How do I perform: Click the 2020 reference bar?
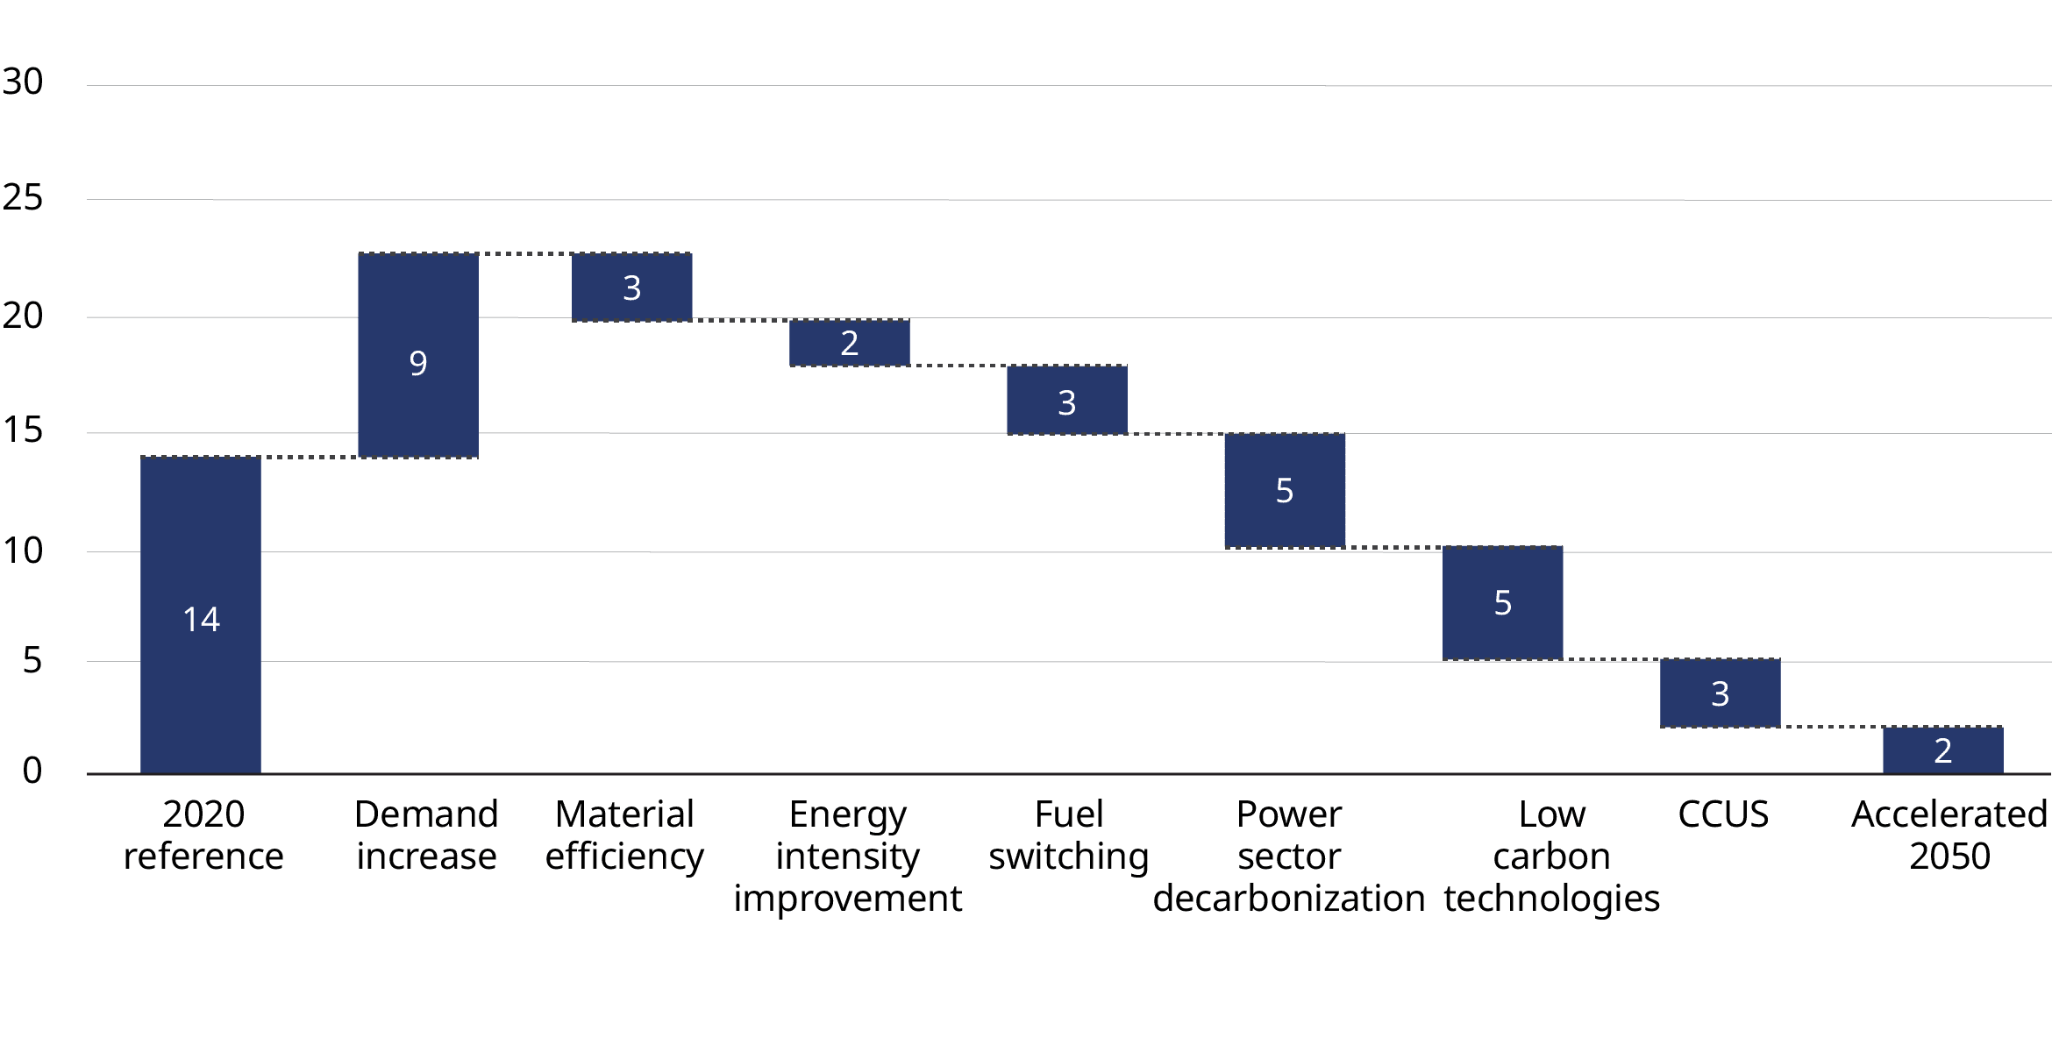pos(201,615)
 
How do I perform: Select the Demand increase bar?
pos(418,355)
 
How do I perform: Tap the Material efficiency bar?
pos(632,287)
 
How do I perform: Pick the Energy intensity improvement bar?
pos(850,342)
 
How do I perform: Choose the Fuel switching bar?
pos(1067,400)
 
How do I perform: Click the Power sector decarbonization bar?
pos(1285,490)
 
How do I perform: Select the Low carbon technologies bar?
pos(1503,603)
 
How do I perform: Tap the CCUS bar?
pos(1721,693)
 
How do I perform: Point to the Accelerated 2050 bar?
pos(1943,750)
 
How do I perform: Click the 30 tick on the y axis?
pos(23,82)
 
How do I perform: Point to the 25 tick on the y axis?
pos(23,197)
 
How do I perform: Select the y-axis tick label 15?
pos(23,430)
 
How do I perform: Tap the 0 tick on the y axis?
pos(32,771)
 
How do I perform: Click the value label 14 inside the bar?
pos(201,619)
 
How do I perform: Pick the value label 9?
pos(418,363)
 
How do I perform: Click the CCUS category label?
pos(1723,814)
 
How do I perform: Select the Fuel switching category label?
pos(1069,836)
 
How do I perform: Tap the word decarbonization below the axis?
pos(1289,899)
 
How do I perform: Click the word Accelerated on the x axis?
pos(1949,814)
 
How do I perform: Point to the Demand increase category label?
pos(426,835)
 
